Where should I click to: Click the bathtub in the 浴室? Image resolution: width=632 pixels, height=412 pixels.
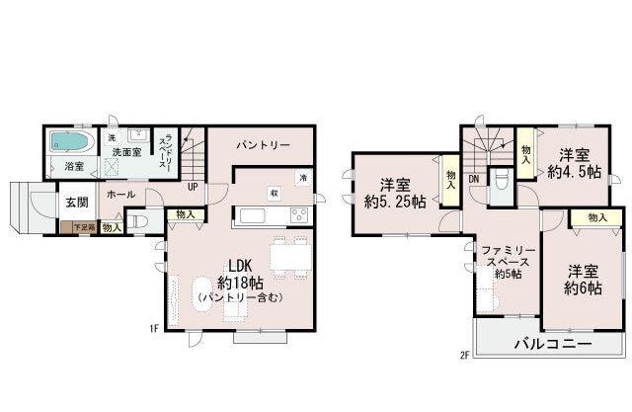[72, 141]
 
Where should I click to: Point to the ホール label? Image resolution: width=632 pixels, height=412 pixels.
[119, 194]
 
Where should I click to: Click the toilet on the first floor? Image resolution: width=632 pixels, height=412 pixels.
[139, 222]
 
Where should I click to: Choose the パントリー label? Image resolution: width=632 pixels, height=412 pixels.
[262, 145]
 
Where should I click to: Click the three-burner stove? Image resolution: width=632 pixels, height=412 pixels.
[297, 215]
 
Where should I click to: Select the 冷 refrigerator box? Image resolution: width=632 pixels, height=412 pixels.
[302, 177]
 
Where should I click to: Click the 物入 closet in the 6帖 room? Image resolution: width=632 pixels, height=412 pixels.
[595, 217]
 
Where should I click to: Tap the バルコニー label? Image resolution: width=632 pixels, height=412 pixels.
[551, 343]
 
